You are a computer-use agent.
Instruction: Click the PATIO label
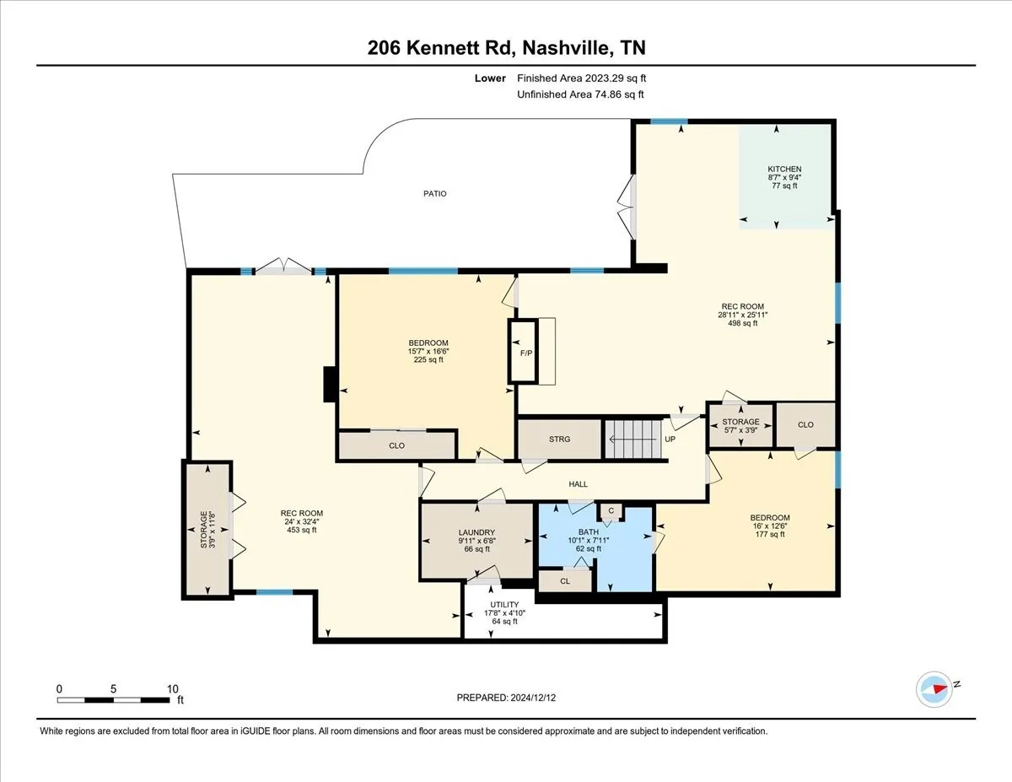(434, 193)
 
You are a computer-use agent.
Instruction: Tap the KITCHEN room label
(784, 169)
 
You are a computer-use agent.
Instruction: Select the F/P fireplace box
(523, 351)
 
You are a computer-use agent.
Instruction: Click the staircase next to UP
(632, 439)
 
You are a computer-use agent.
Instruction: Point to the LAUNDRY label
(476, 532)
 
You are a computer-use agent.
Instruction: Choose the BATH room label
(588, 532)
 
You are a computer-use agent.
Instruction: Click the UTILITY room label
(504, 605)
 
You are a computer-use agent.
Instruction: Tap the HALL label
(578, 484)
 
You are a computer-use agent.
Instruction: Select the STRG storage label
(559, 440)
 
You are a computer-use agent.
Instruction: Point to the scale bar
(113, 700)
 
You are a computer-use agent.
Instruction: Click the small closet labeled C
(611, 512)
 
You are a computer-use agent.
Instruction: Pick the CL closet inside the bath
(565, 580)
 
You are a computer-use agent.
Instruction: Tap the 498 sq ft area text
(743, 323)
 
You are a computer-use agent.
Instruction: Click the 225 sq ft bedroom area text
(428, 359)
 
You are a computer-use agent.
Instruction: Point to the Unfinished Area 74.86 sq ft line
(580, 94)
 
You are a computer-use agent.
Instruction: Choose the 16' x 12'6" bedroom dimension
(770, 526)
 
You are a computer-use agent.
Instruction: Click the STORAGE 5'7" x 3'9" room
(740, 426)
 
